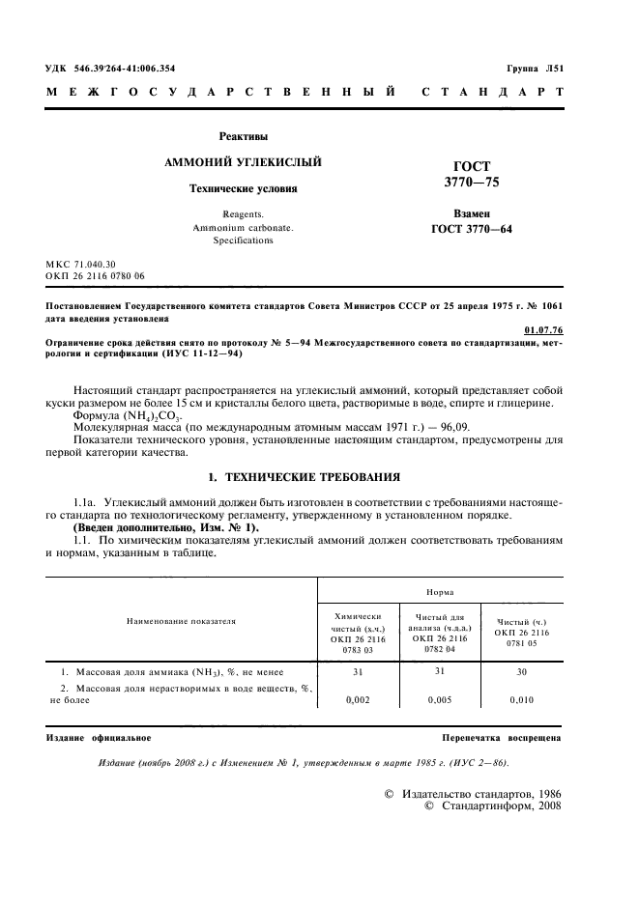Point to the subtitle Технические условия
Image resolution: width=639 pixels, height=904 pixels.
tap(243, 188)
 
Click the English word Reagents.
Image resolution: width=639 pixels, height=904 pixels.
tap(243, 212)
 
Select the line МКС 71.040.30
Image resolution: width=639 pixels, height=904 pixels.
tap(81, 264)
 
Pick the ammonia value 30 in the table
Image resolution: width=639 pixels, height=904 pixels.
tap(521, 672)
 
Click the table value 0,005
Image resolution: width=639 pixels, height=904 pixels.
tap(439, 702)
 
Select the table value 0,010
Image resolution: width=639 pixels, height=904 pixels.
tap(521, 702)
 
